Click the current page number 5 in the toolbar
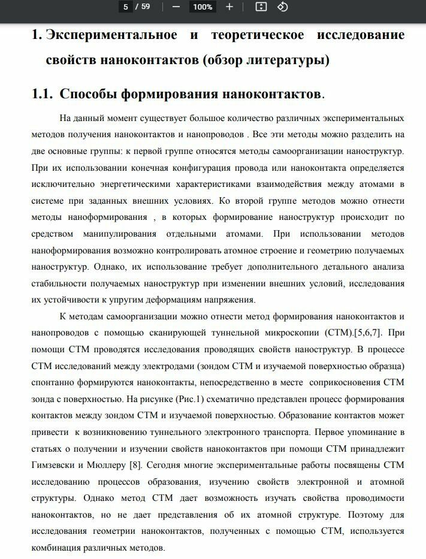click(126, 7)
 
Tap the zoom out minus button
click(176, 7)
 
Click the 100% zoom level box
click(203, 7)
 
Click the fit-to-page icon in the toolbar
click(261, 7)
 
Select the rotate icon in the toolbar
click(283, 7)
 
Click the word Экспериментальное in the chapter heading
click(111, 35)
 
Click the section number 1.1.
click(43, 95)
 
